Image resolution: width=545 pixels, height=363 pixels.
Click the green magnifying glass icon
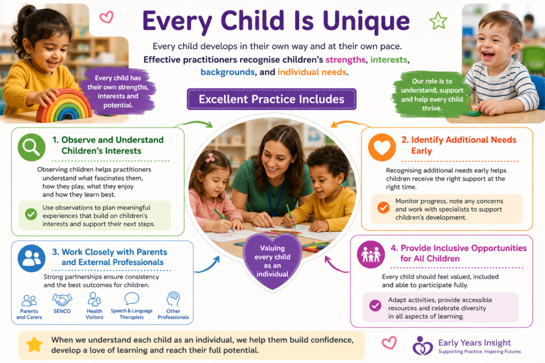pyautogui.click(x=31, y=147)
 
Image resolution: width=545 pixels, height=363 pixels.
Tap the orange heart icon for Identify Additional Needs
pyautogui.click(x=382, y=147)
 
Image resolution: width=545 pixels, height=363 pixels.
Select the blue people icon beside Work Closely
pyautogui.click(x=31, y=258)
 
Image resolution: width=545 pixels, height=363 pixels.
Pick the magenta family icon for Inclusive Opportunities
pyautogui.click(x=371, y=255)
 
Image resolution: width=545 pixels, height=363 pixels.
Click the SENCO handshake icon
pyautogui.click(x=62, y=300)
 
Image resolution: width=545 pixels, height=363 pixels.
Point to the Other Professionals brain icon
pyautogui.click(x=174, y=299)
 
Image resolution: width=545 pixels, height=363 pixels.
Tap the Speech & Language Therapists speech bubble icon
pyautogui.click(x=132, y=299)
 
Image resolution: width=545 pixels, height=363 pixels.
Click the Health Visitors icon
pyautogui.click(x=94, y=299)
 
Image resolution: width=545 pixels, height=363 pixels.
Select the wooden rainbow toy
pyautogui.click(x=64, y=106)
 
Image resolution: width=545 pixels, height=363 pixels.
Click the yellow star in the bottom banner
pyautogui.click(x=35, y=344)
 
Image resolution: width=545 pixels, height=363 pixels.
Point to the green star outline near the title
pyautogui.click(x=438, y=21)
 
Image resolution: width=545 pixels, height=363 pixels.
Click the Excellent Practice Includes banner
pyautogui.click(x=271, y=99)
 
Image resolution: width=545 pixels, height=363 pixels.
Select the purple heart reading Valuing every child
pyautogui.click(x=272, y=260)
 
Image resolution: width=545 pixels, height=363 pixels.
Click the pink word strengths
pyautogui.click(x=345, y=60)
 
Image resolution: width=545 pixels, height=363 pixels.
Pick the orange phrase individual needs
pyautogui.click(x=312, y=72)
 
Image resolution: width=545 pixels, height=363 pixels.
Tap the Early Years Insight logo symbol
pyautogui.click(x=422, y=345)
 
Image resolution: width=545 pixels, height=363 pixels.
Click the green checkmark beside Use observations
pyautogui.click(x=31, y=214)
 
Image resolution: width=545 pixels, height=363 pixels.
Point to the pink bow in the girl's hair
pyautogui.click(x=210, y=158)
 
